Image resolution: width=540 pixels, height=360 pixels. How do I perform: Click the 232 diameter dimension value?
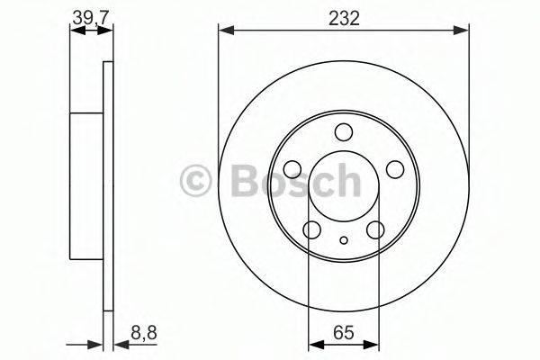(x=343, y=17)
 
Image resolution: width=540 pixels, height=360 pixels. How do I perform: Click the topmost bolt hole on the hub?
(x=344, y=133)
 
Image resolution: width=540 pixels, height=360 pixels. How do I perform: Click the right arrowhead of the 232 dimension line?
(x=463, y=31)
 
